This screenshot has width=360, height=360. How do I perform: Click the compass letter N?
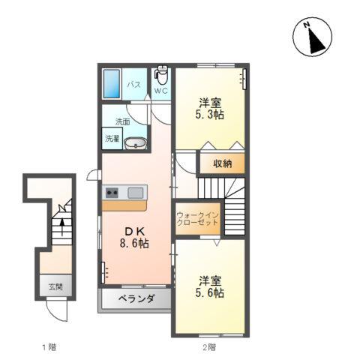307,25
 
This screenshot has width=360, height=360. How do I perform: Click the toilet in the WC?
161,75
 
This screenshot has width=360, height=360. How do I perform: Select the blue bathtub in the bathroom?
112,84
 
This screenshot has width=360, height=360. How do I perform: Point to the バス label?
133,85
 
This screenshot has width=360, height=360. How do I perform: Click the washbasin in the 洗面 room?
136,143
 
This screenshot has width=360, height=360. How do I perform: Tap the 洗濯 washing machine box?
112,139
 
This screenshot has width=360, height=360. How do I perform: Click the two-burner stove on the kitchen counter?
112,193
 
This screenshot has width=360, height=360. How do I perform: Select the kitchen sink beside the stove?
136,193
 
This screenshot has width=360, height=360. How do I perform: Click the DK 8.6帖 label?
134,238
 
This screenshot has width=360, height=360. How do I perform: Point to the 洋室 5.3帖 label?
210,109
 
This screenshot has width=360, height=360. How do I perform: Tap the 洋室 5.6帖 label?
210,286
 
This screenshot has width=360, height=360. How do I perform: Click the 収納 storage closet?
222,163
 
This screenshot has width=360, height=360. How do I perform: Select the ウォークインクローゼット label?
197,219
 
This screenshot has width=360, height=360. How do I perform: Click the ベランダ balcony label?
136,298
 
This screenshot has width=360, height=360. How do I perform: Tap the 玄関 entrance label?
55,286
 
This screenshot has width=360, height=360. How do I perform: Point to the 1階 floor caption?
49,347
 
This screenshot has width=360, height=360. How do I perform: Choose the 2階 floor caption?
209,347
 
